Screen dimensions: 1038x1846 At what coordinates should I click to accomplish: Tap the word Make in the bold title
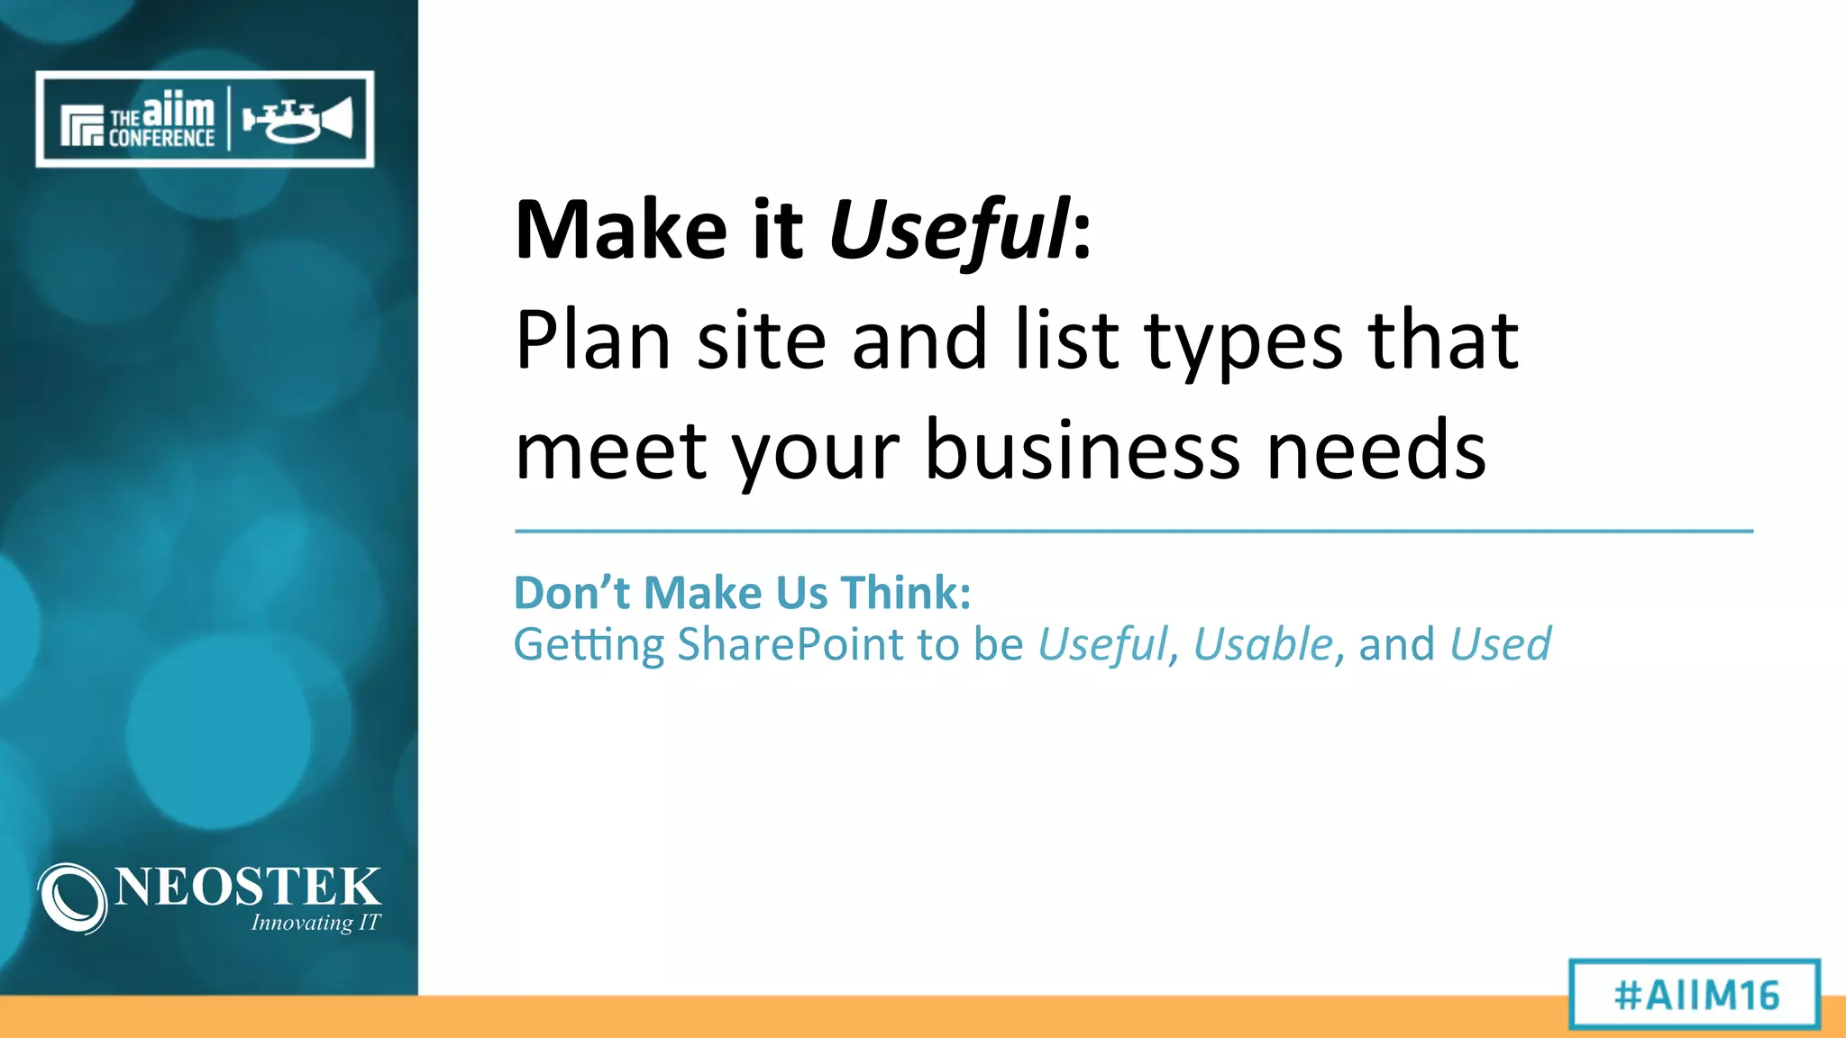[x=621, y=230]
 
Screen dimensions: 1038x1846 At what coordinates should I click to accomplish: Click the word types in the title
[x=1244, y=342]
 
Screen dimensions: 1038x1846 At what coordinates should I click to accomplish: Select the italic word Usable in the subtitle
[x=1263, y=645]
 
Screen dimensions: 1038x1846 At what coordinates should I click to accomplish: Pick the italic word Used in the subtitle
[x=1501, y=645]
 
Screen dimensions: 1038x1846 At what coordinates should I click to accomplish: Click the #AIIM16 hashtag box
[x=1695, y=995]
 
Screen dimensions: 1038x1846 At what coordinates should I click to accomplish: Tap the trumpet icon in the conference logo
[x=297, y=120]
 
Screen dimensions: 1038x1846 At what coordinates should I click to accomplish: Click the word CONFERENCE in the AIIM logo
[x=161, y=138]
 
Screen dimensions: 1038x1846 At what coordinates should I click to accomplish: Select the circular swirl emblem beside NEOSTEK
[x=72, y=897]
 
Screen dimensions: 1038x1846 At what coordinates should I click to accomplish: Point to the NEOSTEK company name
[x=248, y=887]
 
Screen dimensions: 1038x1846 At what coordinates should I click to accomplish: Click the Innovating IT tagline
[x=315, y=923]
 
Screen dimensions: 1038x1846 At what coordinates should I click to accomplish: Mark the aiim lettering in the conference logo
[x=178, y=111]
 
